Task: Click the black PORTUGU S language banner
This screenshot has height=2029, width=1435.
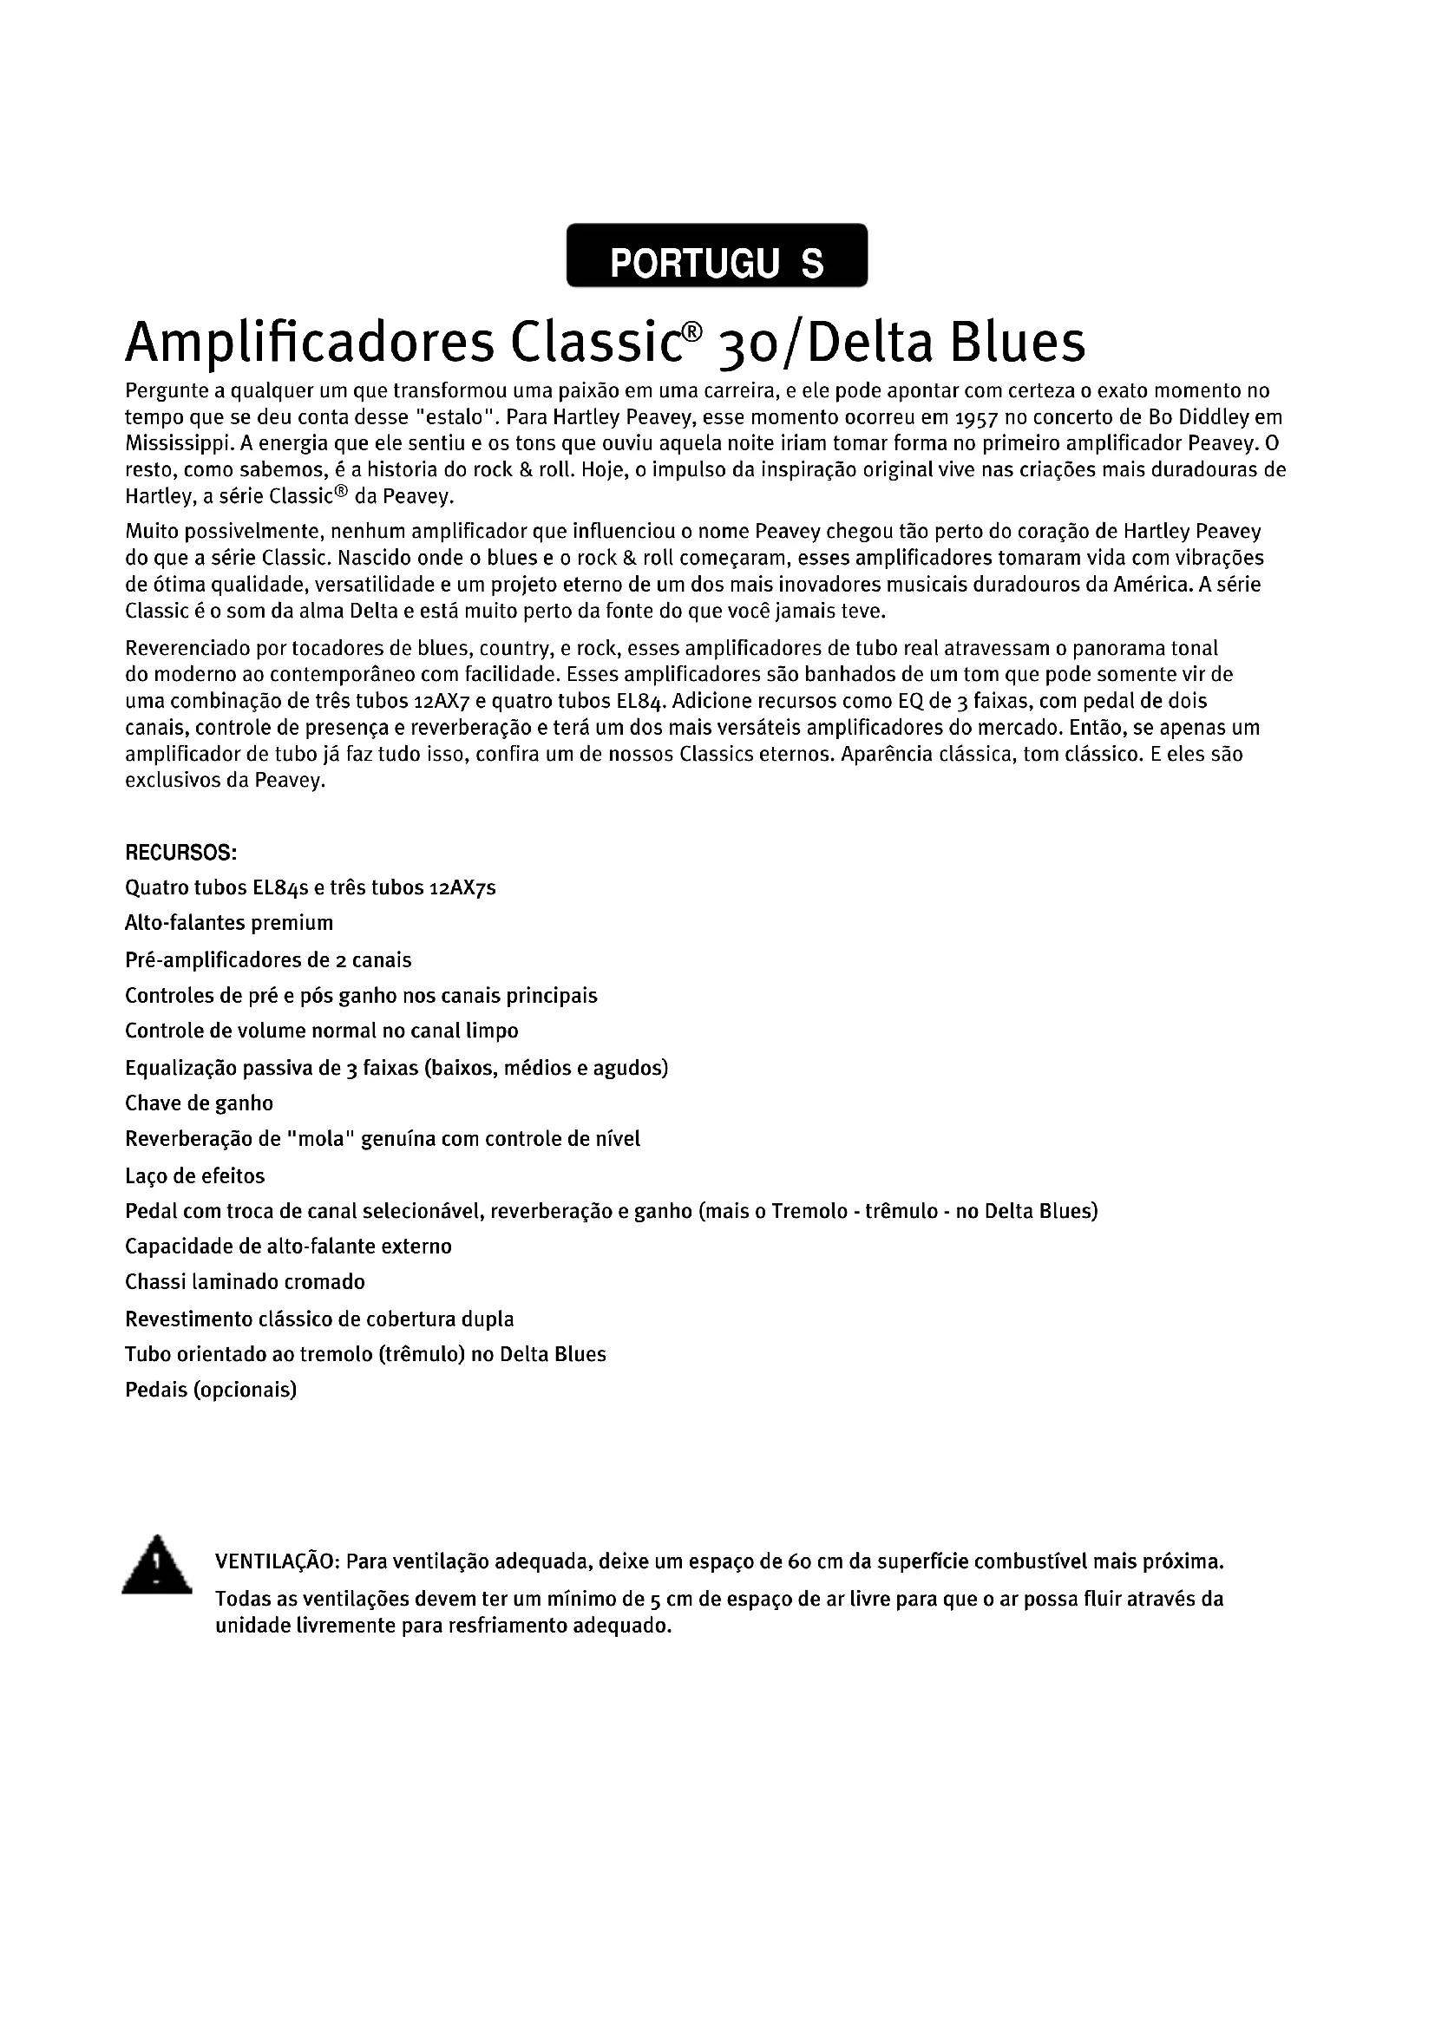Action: [x=717, y=255]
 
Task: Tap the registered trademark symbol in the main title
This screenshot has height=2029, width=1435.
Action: [x=694, y=331]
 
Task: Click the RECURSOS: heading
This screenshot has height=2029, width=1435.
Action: [x=180, y=853]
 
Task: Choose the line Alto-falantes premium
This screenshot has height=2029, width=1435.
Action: [x=229, y=924]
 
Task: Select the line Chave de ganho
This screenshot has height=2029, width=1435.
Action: [x=199, y=1103]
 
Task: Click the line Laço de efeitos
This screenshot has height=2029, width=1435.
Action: [x=194, y=1175]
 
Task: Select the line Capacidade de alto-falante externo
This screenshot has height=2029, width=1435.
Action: [x=288, y=1246]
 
